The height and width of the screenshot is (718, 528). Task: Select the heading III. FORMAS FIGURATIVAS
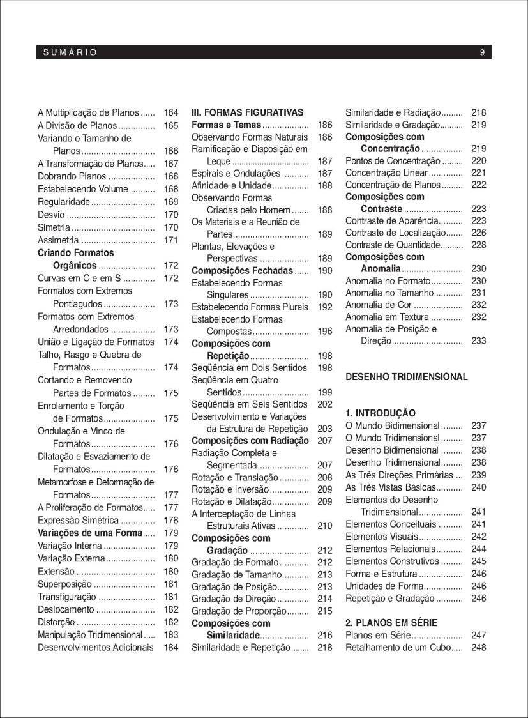(x=248, y=112)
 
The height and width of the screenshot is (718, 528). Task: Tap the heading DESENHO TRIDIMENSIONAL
(x=407, y=377)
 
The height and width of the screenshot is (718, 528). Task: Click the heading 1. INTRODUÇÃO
(x=381, y=413)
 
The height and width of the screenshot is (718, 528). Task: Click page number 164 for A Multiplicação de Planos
(x=171, y=112)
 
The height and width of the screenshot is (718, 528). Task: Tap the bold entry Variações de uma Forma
(x=89, y=533)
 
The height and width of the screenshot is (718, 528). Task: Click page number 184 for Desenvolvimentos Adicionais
(x=171, y=648)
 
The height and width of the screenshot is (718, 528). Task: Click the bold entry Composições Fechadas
(x=242, y=271)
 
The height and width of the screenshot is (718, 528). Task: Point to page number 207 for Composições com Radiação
(x=325, y=441)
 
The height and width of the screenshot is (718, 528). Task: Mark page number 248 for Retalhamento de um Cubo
(x=478, y=648)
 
